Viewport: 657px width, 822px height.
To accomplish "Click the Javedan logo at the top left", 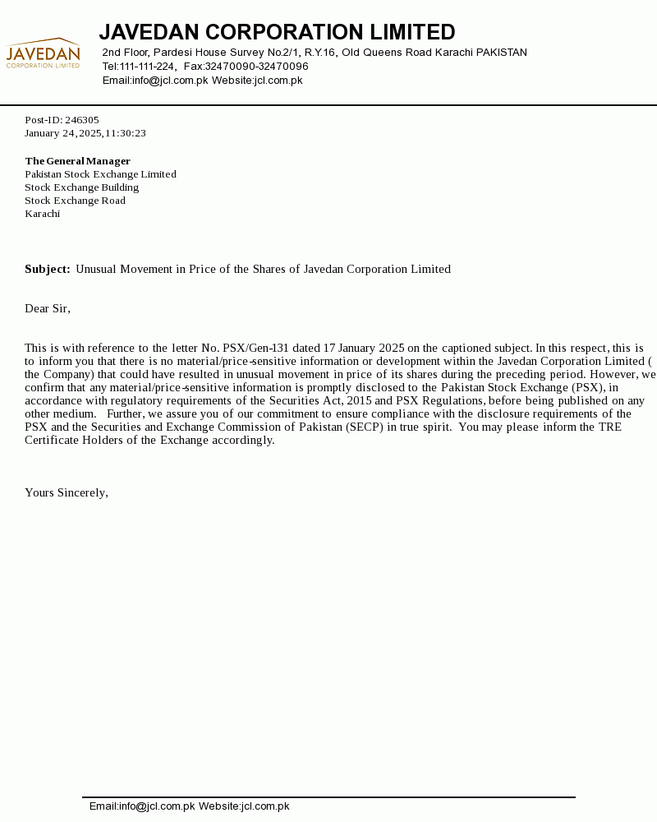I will click(43, 53).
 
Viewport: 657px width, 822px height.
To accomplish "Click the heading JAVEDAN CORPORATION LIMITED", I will click(277, 32).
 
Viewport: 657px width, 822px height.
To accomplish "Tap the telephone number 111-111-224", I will click(147, 67).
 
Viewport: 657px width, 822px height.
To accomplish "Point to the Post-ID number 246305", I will click(82, 120).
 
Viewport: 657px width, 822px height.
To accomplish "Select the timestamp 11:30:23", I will click(125, 133).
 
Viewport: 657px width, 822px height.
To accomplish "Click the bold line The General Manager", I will click(77, 161).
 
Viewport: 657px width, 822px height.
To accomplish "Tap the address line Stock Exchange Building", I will click(81, 187).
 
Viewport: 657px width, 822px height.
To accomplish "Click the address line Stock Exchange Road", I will click(75, 201).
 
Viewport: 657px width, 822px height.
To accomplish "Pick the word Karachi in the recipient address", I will click(42, 214).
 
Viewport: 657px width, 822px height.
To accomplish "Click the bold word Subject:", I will click(47, 269).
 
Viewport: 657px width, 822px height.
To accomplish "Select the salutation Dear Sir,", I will click(48, 308).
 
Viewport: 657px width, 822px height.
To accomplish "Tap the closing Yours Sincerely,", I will click(67, 492).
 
